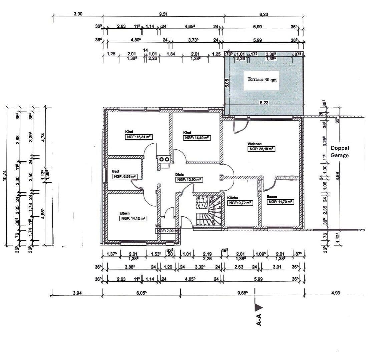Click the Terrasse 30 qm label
point(262,80)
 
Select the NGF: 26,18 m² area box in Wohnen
point(261,149)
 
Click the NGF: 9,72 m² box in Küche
point(240,203)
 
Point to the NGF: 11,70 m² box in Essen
point(280,202)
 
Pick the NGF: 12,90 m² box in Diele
point(189,180)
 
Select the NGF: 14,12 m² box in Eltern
point(133,219)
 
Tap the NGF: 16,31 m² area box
point(139,137)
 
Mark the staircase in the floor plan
point(208,211)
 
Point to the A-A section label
point(259,319)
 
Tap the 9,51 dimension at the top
point(163,14)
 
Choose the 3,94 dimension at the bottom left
point(77,293)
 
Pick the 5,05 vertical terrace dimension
point(227,83)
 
